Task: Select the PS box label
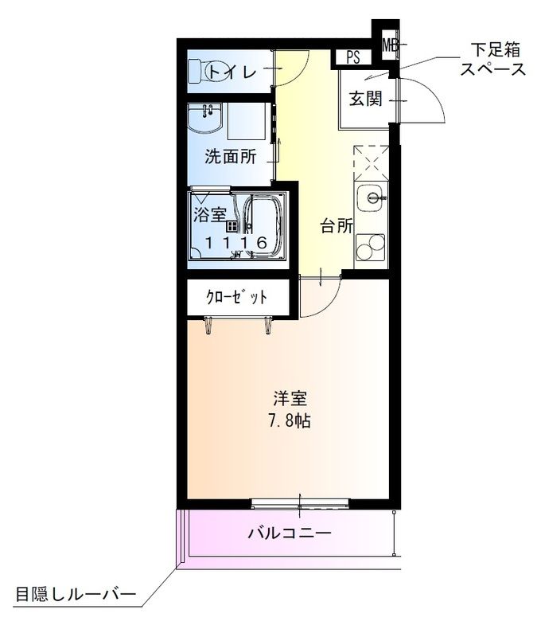353,57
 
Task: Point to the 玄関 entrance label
365,99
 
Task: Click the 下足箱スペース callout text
492,61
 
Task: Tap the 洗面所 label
230,157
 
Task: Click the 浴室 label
210,213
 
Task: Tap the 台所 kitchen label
337,226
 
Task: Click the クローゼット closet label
236,298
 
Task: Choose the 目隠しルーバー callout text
76,594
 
